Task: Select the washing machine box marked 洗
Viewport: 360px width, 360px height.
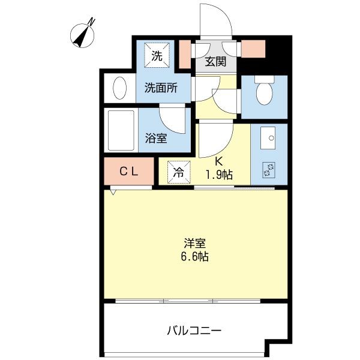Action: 156,57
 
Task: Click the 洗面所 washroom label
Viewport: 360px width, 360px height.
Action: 161,88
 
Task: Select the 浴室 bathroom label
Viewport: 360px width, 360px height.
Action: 156,137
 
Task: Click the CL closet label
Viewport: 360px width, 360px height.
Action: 129,171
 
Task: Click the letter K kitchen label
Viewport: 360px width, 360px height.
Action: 219,161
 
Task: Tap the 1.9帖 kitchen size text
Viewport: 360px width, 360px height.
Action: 219,174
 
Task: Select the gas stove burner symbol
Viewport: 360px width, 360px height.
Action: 267,169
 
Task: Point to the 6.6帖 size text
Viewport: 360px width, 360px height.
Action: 195,257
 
